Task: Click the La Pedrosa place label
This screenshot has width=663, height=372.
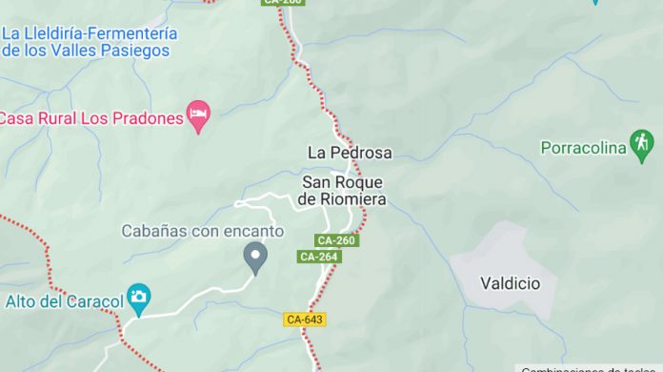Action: (x=349, y=152)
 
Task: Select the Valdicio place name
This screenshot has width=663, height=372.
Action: (x=510, y=283)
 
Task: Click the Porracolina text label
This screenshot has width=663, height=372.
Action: (x=583, y=147)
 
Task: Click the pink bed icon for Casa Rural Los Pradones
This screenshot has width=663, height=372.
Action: (x=198, y=116)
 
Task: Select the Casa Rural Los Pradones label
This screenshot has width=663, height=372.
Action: (x=90, y=118)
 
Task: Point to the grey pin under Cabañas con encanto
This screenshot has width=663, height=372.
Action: (x=254, y=256)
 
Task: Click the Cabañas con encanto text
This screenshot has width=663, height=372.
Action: (x=203, y=231)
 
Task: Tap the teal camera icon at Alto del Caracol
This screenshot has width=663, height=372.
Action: (x=139, y=298)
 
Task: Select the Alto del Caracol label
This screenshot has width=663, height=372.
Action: (x=65, y=301)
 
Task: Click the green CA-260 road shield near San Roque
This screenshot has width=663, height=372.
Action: (x=336, y=240)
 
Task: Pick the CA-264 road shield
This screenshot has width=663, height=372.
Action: (x=319, y=257)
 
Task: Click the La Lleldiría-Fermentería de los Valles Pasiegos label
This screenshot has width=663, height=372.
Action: (x=89, y=41)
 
